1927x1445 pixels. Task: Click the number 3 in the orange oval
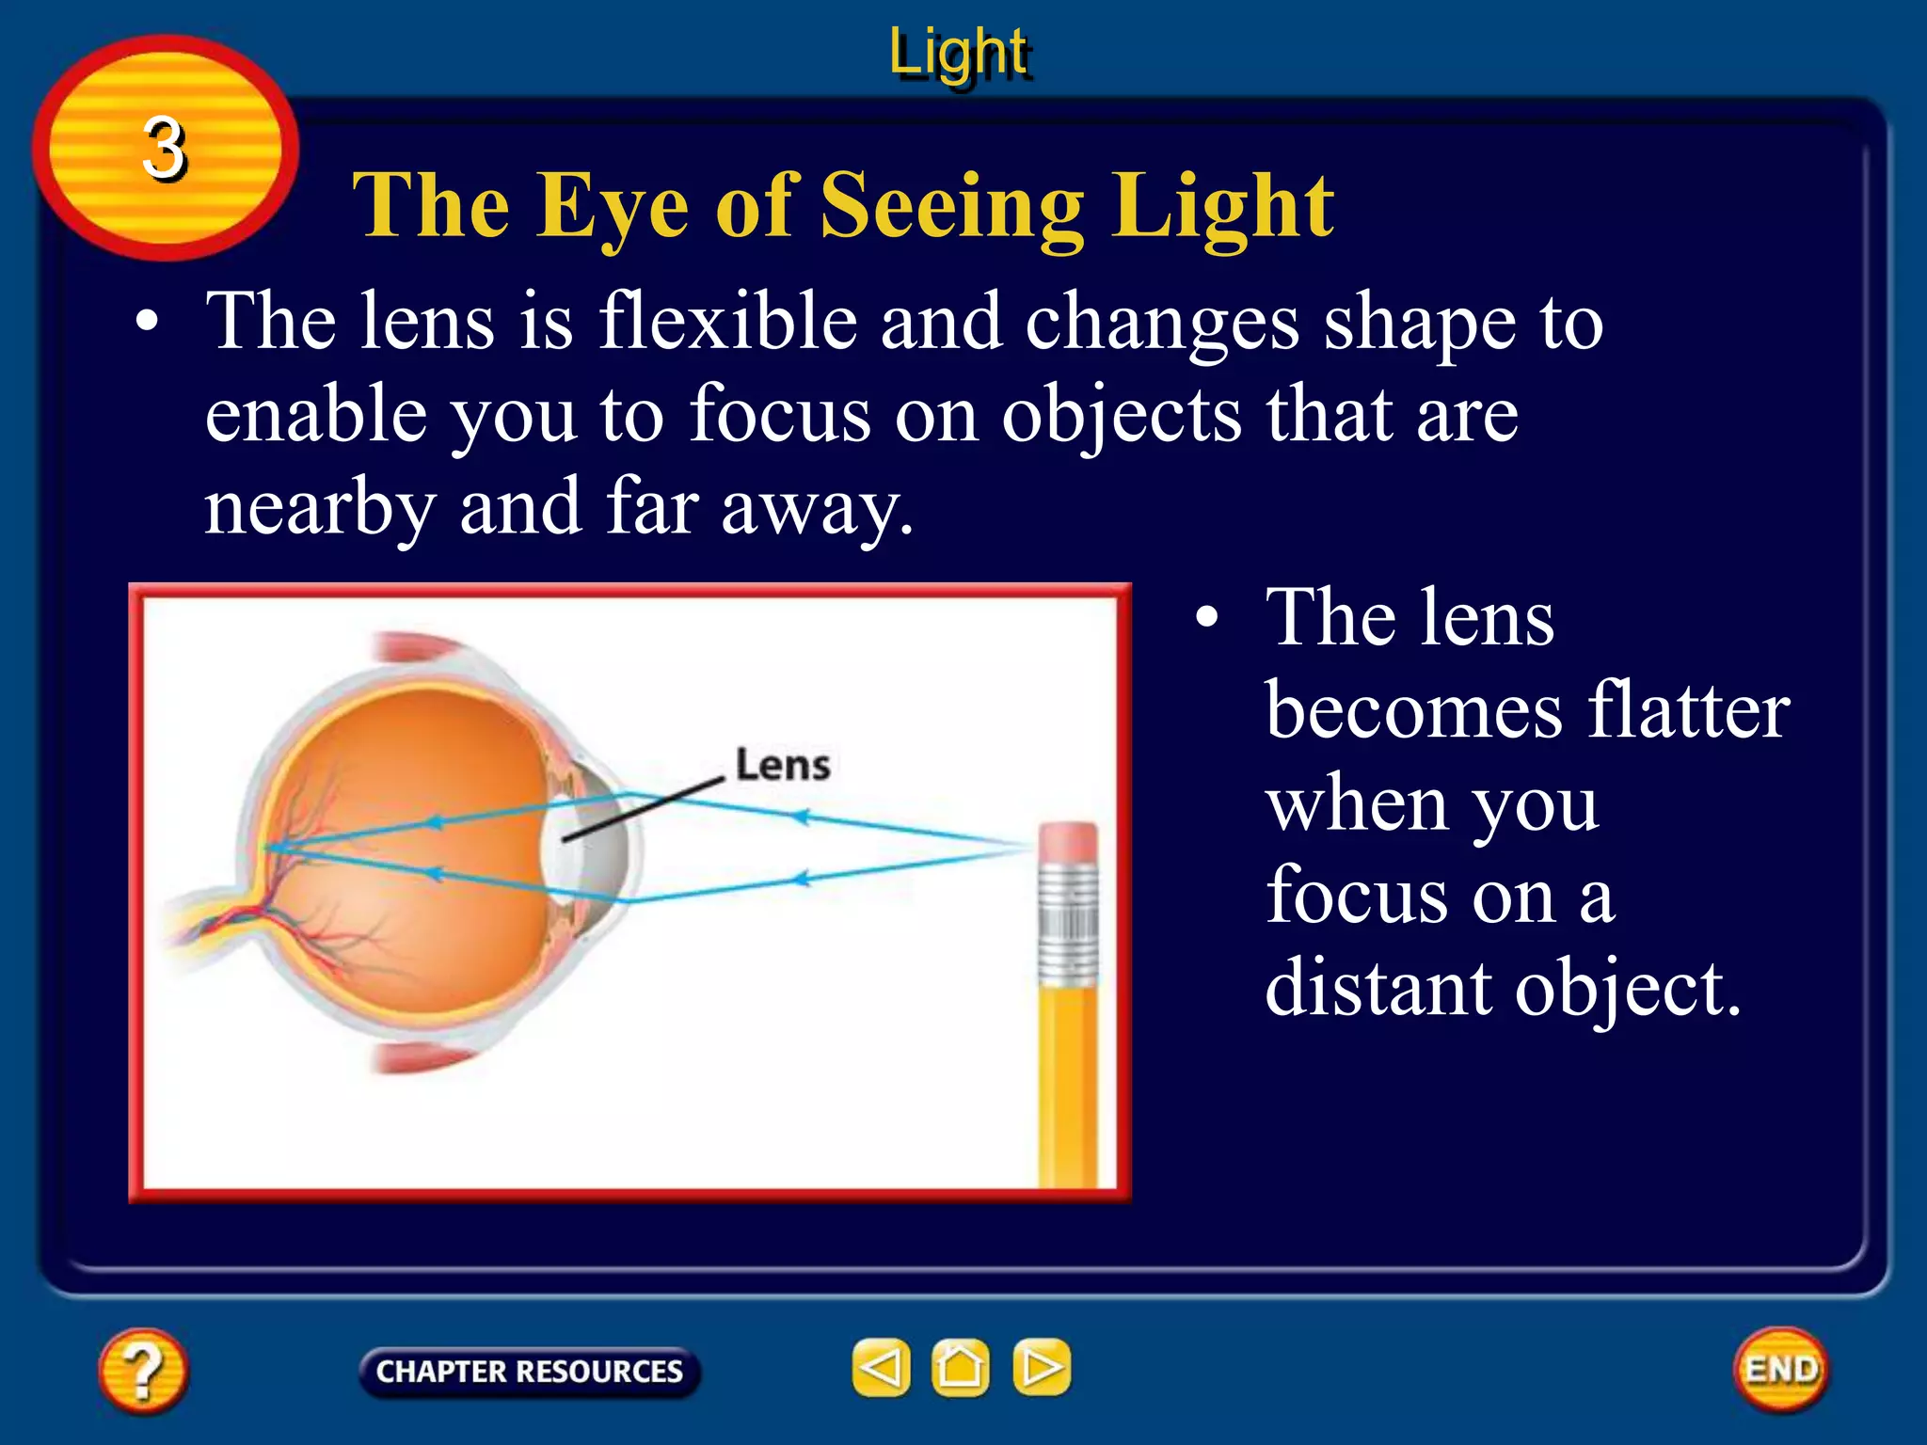tap(165, 149)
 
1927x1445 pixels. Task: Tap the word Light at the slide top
tap(959, 52)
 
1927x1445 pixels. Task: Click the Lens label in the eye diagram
tap(782, 766)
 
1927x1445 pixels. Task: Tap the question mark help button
tap(142, 1370)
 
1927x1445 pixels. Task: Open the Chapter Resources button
tap(529, 1372)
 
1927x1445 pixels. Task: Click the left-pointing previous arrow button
tap(881, 1367)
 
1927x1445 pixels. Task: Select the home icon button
tap(960, 1367)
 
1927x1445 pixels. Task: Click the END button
tap(1780, 1369)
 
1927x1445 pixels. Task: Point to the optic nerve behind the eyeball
tap(202, 927)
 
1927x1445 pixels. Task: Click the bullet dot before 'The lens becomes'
tap(1207, 620)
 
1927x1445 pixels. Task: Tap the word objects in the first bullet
tap(1121, 415)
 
